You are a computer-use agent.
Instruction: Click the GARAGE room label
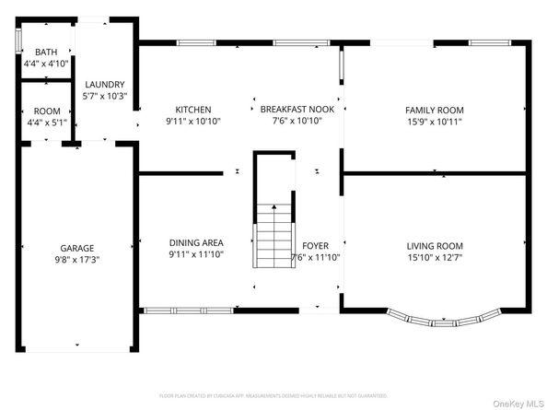[x=77, y=248]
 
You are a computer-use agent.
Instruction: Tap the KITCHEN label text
[x=194, y=109]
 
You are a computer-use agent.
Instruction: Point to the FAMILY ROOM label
[x=434, y=109]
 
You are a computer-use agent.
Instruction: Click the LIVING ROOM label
[x=435, y=246]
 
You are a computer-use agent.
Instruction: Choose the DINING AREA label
[x=195, y=241]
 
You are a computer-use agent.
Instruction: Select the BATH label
[x=46, y=53]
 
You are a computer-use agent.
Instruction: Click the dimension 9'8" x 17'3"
[x=77, y=261]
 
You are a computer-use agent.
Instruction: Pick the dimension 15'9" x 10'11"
[x=434, y=121]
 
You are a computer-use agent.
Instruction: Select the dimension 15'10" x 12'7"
[x=435, y=259]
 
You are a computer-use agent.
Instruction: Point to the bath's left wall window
[x=18, y=41]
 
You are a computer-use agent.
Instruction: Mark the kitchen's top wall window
[x=197, y=42]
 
